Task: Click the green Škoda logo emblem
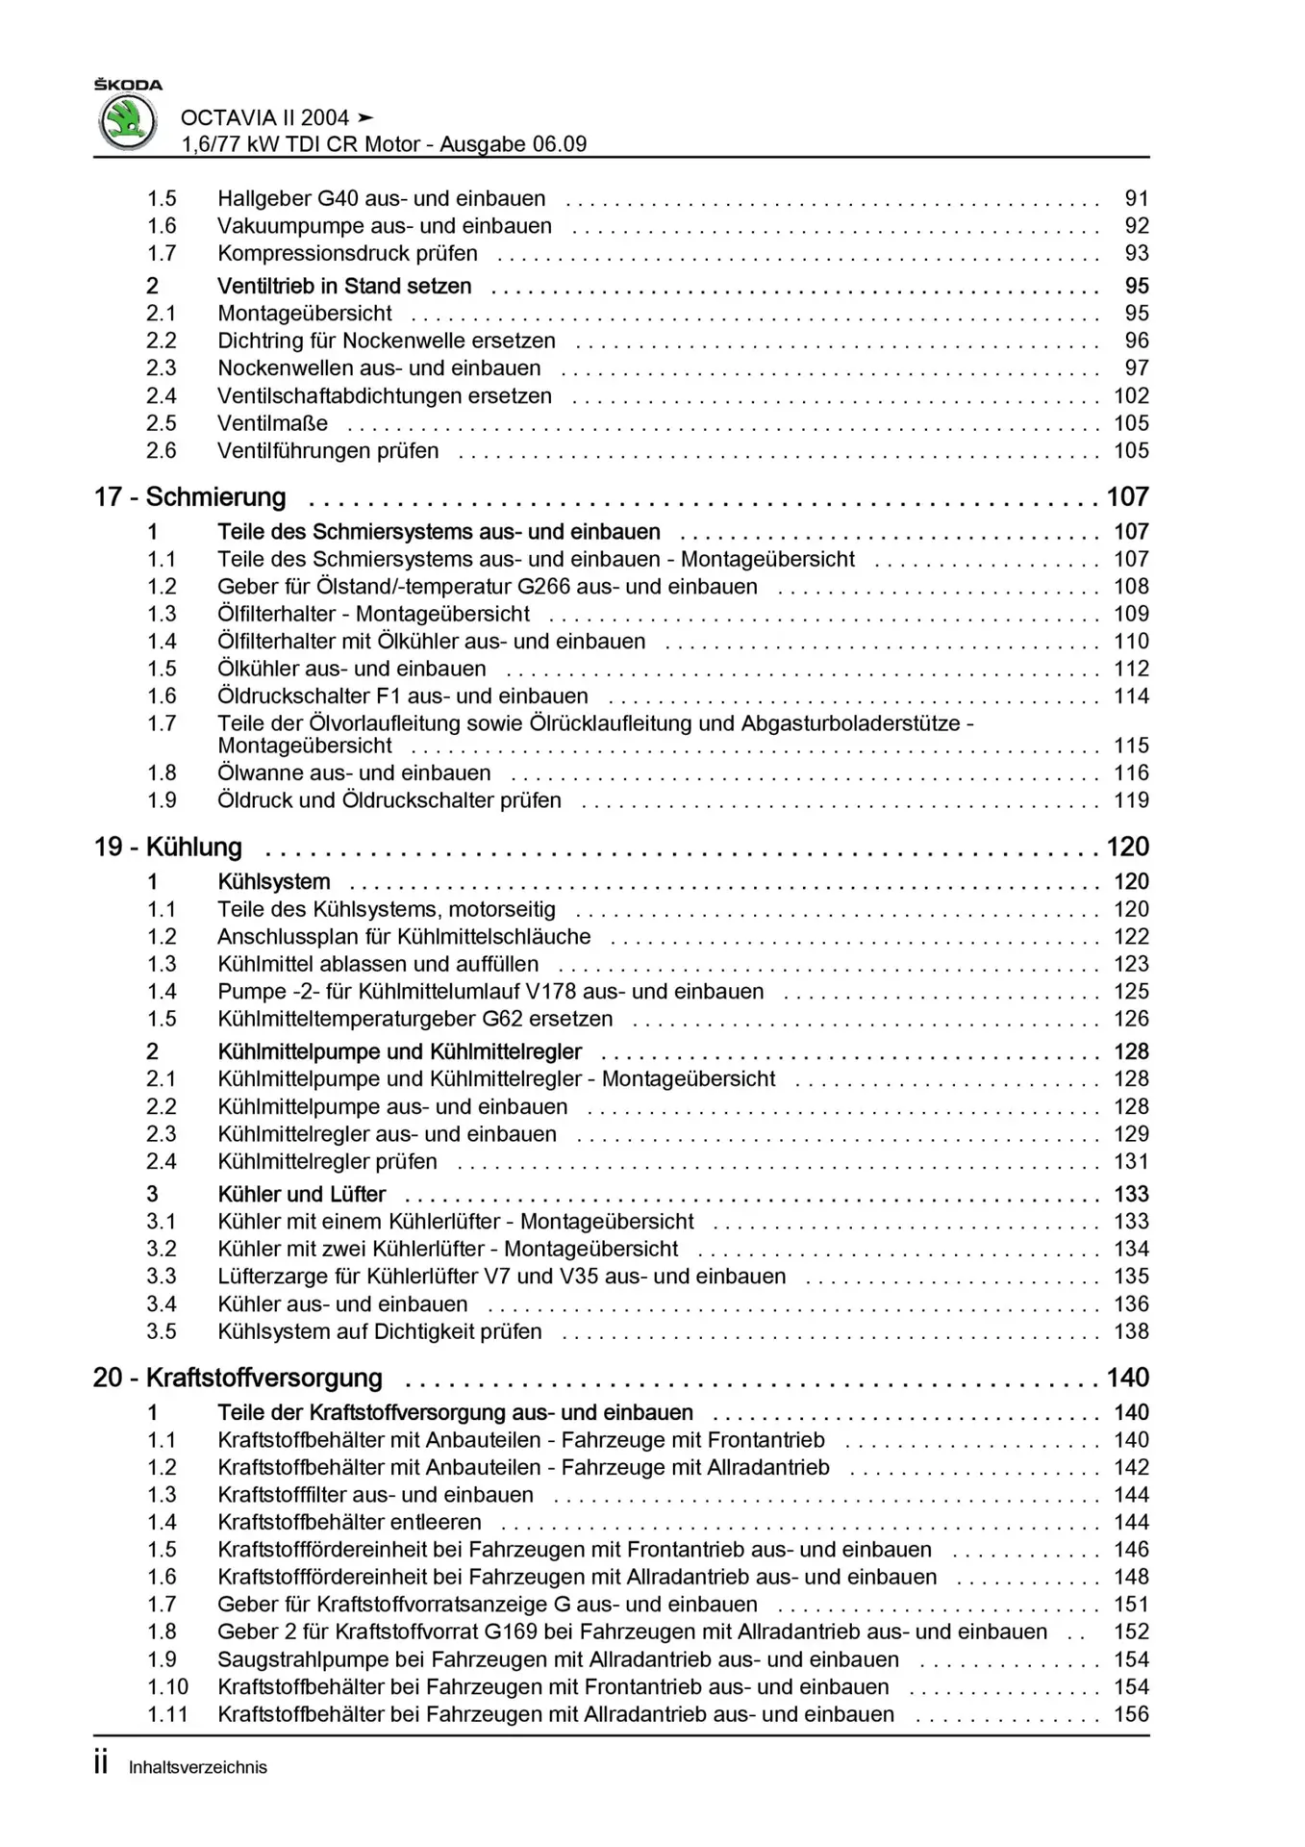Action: point(128,123)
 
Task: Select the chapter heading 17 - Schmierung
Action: point(190,496)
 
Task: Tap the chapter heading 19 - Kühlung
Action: point(168,847)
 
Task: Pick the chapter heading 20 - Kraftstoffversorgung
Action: point(238,1378)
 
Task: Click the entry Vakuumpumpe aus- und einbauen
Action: point(385,226)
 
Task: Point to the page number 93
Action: point(1137,253)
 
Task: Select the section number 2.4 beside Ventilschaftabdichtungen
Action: point(162,395)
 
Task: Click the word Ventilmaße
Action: point(272,423)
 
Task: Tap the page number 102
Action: point(1131,395)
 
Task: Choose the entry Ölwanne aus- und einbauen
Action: point(354,772)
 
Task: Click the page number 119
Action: point(1131,800)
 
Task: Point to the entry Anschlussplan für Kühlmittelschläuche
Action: point(404,937)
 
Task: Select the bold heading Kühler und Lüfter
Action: point(302,1194)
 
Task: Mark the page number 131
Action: point(1131,1161)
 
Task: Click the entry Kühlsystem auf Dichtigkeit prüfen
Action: point(380,1331)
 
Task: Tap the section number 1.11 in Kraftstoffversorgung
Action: point(167,1714)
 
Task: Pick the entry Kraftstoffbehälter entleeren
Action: point(349,1522)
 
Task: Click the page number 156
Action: point(1131,1714)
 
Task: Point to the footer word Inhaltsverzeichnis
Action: point(198,1767)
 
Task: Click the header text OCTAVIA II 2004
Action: point(264,117)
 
